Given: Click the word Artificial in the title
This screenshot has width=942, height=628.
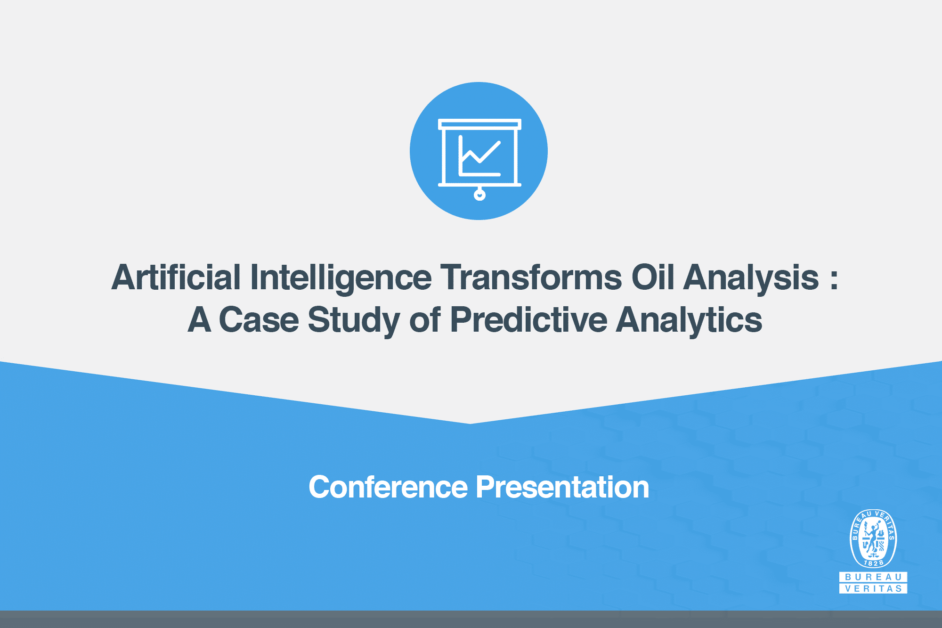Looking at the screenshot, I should tap(176, 277).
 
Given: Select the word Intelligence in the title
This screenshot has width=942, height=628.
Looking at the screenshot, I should tap(341, 277).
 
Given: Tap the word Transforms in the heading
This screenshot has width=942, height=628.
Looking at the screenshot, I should tap(531, 277).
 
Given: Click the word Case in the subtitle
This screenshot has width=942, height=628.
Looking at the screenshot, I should tap(259, 320).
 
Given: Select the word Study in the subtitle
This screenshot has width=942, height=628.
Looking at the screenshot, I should tap(353, 320).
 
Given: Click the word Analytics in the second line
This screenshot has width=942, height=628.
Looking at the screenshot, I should tap(689, 320).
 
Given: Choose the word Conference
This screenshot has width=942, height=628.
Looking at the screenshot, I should tap(388, 487).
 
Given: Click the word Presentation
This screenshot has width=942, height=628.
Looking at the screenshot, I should tap(562, 487).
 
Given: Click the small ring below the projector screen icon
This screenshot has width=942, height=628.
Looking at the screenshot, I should tap(479, 194).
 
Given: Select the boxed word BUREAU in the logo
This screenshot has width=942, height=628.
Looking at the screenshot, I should tap(873, 577).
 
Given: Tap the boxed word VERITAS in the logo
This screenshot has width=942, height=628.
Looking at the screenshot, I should tap(873, 588).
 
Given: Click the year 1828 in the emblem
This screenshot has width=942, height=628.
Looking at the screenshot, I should tap(873, 563).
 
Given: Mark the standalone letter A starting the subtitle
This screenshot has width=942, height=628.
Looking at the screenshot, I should tap(199, 320).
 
